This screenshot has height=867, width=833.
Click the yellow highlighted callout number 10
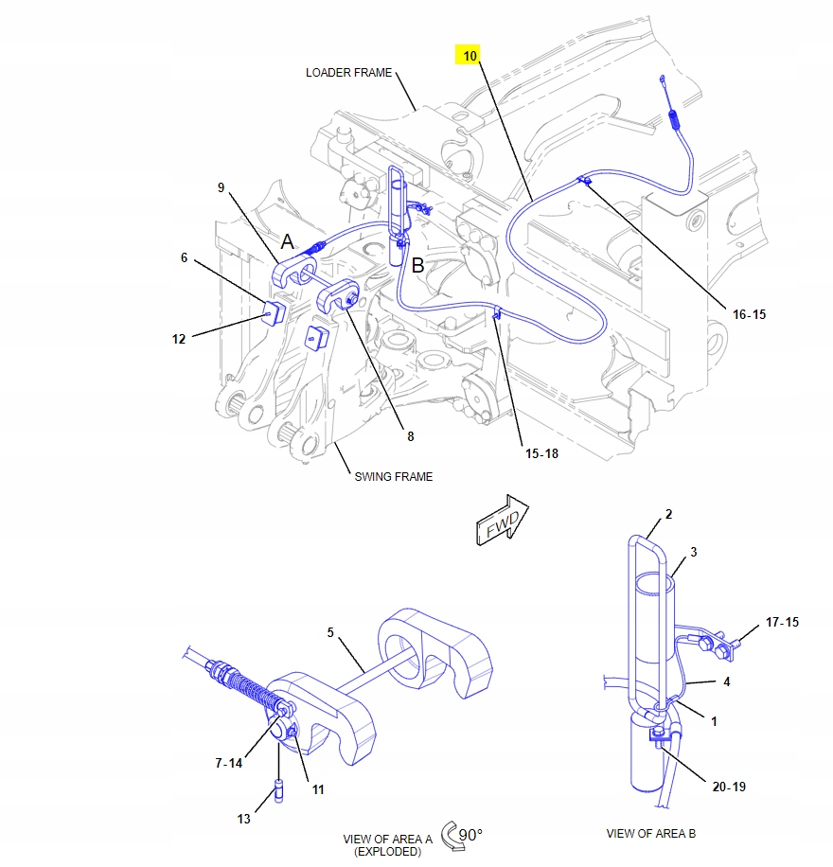pos(468,56)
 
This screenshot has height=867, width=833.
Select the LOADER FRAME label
pos(348,73)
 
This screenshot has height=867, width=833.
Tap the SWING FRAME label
pos(393,476)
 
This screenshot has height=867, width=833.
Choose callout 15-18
pos(542,453)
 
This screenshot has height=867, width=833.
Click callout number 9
pos(221,187)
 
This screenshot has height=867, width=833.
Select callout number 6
pos(186,257)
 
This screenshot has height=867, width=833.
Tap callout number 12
pos(179,338)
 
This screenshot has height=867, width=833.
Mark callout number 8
pos(410,436)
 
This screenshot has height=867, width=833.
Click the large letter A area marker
pos(288,243)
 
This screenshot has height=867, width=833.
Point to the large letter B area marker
pos(417,266)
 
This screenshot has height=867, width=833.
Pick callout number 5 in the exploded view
pos(331,631)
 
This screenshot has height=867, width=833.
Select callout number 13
pos(243,819)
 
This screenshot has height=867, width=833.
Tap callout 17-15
pos(782,622)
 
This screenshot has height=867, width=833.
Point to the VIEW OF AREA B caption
pos(650,834)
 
